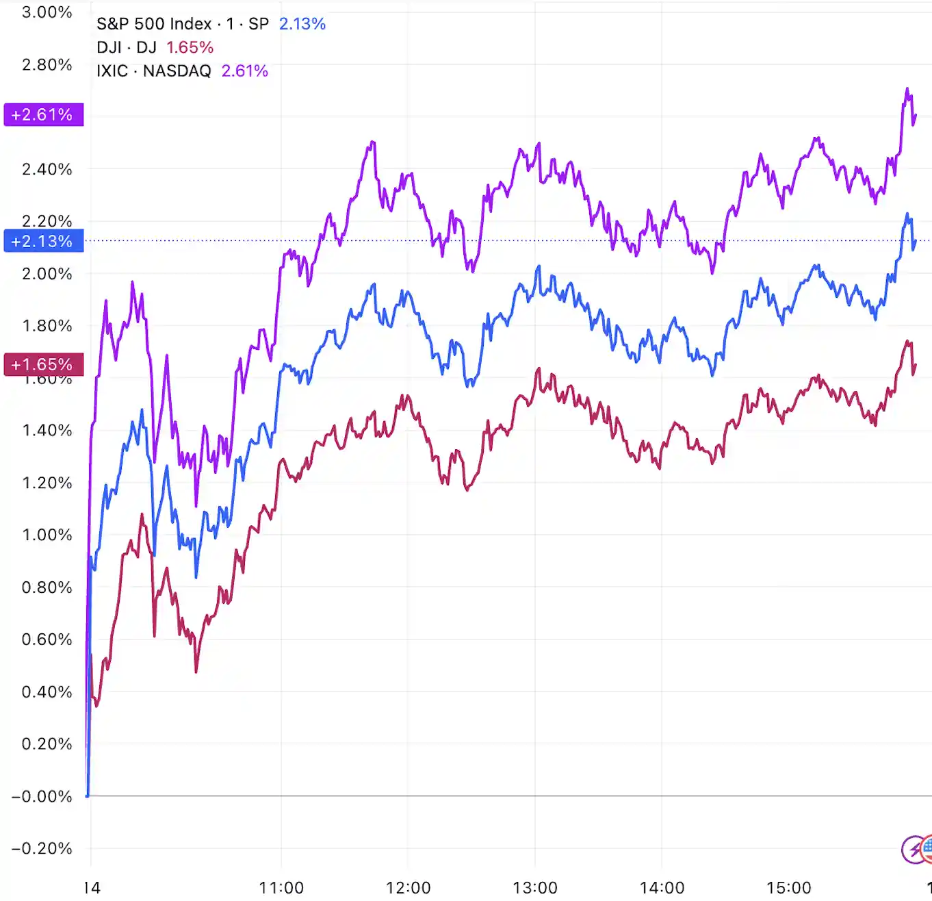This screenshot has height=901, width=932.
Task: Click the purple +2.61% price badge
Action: click(43, 114)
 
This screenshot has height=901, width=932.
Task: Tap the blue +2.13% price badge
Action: click(43, 241)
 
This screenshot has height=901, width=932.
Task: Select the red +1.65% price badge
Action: click(43, 364)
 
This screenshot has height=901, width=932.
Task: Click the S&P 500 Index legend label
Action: click(154, 24)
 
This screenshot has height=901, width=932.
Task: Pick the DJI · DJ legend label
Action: click(127, 47)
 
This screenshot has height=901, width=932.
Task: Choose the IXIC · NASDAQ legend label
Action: click(154, 71)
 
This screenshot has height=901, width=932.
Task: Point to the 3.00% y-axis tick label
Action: click(47, 12)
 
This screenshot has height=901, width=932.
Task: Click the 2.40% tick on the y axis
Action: click(47, 169)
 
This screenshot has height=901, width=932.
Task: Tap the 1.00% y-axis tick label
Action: click(47, 535)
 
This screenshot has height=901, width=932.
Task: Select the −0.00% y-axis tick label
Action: click(42, 796)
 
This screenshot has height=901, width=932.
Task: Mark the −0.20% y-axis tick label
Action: click(42, 848)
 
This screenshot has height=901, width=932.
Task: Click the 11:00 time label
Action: click(281, 888)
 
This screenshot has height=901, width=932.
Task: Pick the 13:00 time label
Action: click(535, 888)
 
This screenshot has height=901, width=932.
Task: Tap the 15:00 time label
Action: click(789, 888)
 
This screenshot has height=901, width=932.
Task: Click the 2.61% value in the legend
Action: click(245, 71)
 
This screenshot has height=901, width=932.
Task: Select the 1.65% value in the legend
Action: click(190, 47)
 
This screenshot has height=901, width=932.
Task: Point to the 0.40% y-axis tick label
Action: click(47, 691)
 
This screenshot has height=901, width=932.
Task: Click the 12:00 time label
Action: click(409, 888)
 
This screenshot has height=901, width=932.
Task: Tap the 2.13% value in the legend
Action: click(302, 24)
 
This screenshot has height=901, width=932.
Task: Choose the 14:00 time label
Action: click(662, 888)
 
